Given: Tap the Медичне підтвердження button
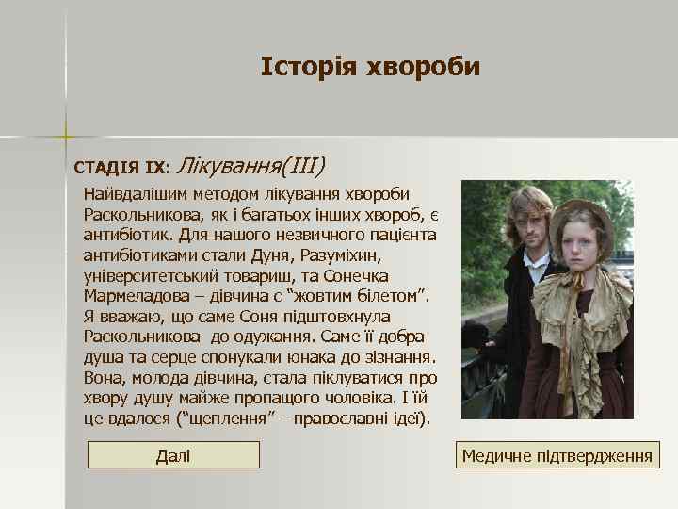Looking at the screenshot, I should point(557,456).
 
